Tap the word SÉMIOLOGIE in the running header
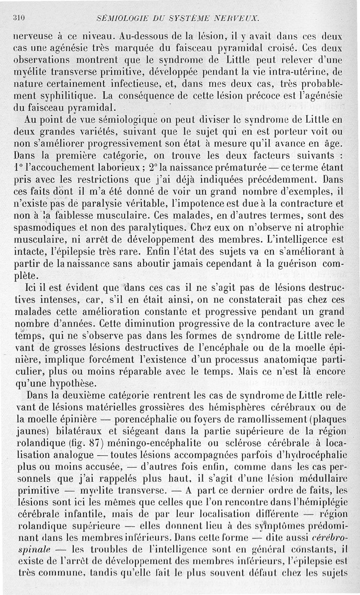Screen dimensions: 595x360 pyautogui.click(x=120, y=18)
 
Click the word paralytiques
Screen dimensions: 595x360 pyautogui.click(x=153, y=226)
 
